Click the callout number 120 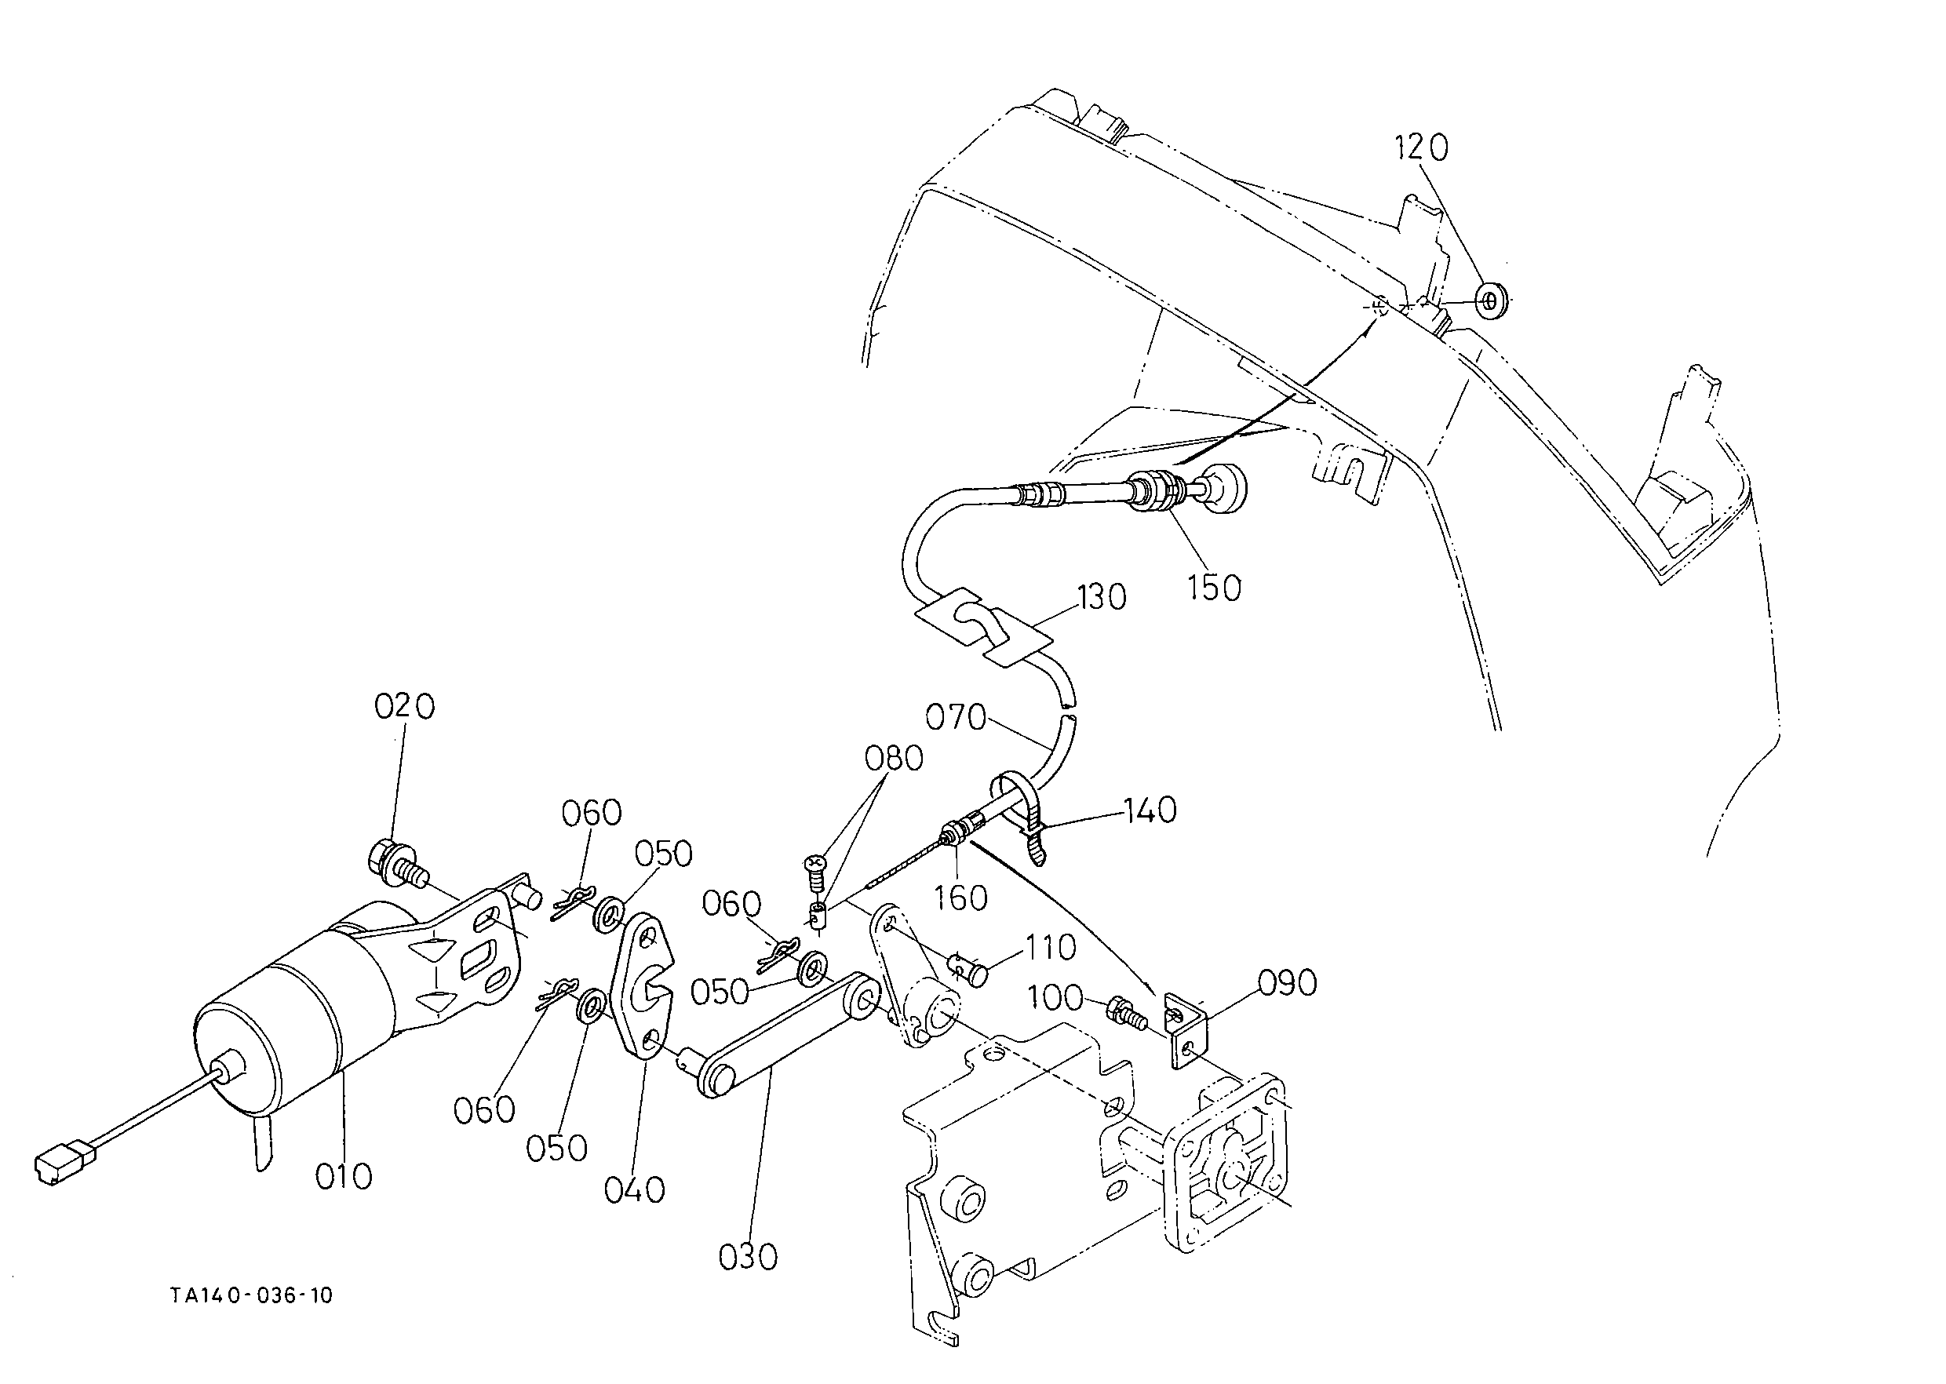[1421, 148]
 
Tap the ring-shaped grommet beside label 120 [1490, 300]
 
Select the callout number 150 [1214, 587]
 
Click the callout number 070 [957, 718]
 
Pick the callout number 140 [1150, 810]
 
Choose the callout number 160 [960, 898]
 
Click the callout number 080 [893, 758]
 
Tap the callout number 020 [404, 705]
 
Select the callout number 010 [344, 1177]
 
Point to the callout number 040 [634, 1189]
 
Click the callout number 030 [748, 1257]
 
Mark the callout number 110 [1051, 947]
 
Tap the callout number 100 [1055, 997]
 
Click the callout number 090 [1287, 982]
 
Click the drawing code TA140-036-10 [251, 1296]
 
